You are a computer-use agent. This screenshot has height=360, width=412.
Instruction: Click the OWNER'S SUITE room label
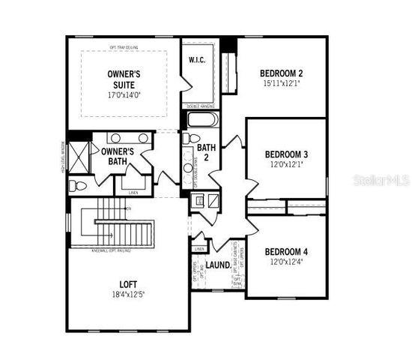[x=124, y=79]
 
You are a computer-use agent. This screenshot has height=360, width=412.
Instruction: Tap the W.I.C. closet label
[x=198, y=59]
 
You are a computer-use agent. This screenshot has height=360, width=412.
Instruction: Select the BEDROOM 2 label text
[x=281, y=73]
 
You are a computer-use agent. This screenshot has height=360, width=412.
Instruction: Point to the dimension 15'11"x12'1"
[x=281, y=84]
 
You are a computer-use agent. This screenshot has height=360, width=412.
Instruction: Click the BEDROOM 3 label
[x=287, y=154]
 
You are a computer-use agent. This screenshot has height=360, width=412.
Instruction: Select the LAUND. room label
[x=218, y=265]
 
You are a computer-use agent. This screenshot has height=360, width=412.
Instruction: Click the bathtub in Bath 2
[x=201, y=121]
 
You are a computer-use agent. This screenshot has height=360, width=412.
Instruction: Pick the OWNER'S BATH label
[x=117, y=156]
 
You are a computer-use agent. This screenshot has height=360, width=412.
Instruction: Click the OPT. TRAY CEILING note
[x=124, y=46]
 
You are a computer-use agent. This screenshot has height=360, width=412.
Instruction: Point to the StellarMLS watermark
[x=382, y=181]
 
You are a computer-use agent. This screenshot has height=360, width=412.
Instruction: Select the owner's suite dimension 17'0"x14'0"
[x=124, y=95]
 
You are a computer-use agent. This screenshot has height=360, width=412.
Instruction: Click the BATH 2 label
[x=212, y=153]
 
